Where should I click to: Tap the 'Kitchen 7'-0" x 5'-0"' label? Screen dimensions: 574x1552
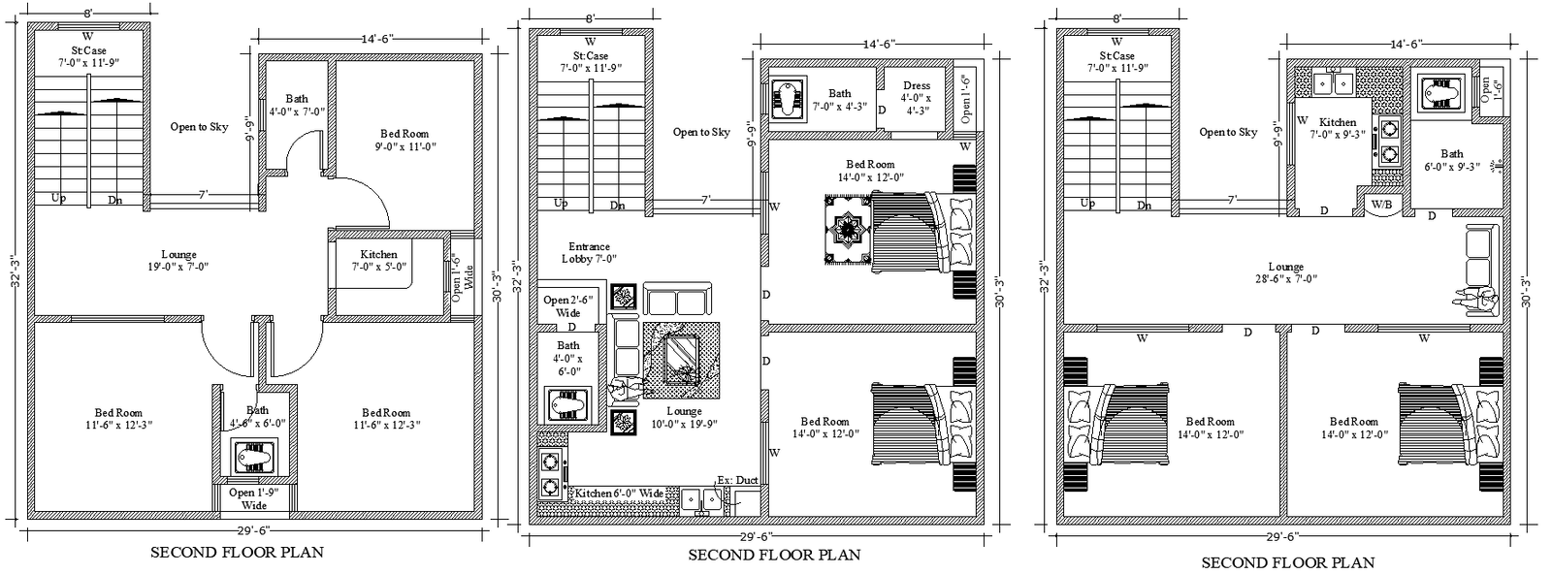(x=378, y=260)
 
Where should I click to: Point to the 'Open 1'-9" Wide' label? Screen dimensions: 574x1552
(x=254, y=498)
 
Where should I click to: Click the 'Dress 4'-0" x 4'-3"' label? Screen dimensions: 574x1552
(x=916, y=98)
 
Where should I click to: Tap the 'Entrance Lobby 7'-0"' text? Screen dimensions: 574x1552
(x=589, y=253)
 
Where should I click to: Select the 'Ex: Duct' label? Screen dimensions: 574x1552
(x=737, y=480)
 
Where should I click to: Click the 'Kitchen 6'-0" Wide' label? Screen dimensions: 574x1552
(x=619, y=494)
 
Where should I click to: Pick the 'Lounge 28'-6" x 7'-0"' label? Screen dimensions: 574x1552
(x=1285, y=273)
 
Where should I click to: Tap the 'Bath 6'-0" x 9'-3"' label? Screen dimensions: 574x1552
(x=1451, y=160)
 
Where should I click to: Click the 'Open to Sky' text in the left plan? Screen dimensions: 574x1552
(x=199, y=127)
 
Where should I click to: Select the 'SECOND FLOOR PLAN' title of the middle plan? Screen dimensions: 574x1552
(x=774, y=556)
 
